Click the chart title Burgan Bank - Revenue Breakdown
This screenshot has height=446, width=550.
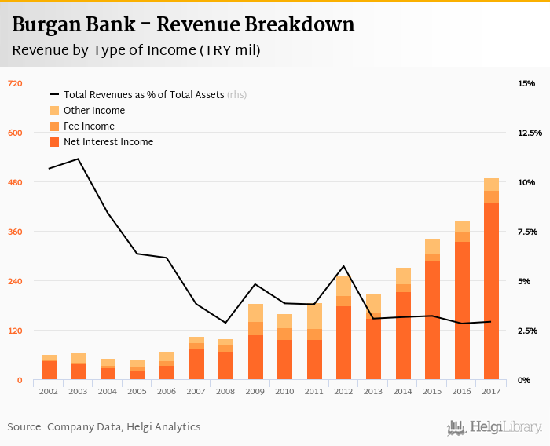point(183,24)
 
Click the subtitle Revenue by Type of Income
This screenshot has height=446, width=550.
point(136,50)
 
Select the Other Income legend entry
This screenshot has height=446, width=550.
point(93,111)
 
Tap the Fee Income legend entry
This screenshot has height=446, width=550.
point(88,126)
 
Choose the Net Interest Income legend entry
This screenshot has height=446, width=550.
point(108,142)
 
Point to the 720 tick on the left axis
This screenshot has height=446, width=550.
point(15,83)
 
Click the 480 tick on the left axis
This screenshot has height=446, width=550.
point(15,182)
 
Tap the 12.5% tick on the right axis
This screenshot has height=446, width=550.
point(530,133)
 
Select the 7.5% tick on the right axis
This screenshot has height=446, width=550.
point(527,232)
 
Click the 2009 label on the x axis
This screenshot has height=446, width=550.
point(255,390)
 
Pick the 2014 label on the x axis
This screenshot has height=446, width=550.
point(402,390)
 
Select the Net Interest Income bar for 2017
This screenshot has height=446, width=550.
point(491,291)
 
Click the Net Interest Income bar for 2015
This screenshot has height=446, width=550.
point(432,320)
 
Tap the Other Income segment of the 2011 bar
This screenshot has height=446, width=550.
point(314,316)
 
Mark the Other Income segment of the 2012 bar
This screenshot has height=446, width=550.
point(343,286)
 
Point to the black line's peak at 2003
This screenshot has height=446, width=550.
point(79,159)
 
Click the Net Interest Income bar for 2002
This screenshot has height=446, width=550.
point(49,370)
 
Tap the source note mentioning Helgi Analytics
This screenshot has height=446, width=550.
point(104,427)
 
